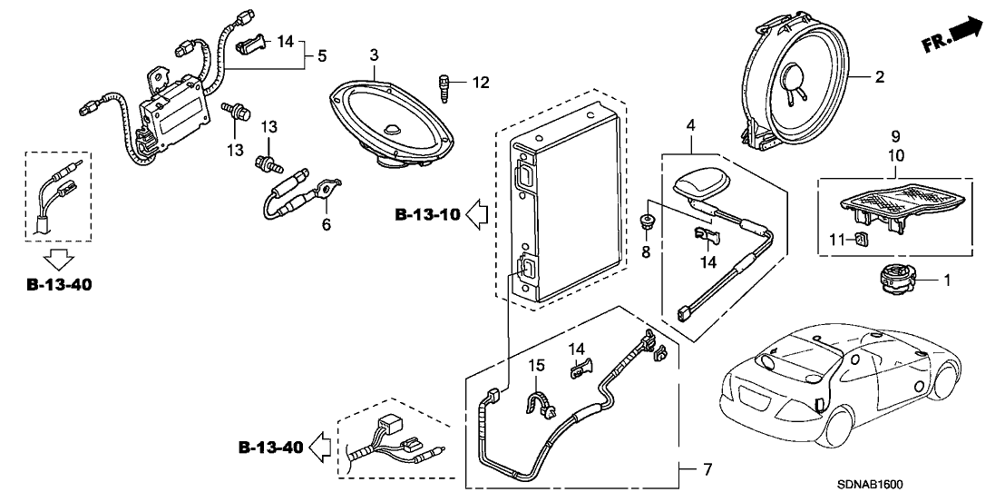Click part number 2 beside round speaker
coord(878,78)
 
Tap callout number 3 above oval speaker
coord(374,56)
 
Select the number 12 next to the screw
coord(479,84)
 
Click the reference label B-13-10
coord(428,215)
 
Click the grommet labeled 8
coord(646,221)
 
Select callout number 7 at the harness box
coord(707,469)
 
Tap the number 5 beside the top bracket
coord(321,56)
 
